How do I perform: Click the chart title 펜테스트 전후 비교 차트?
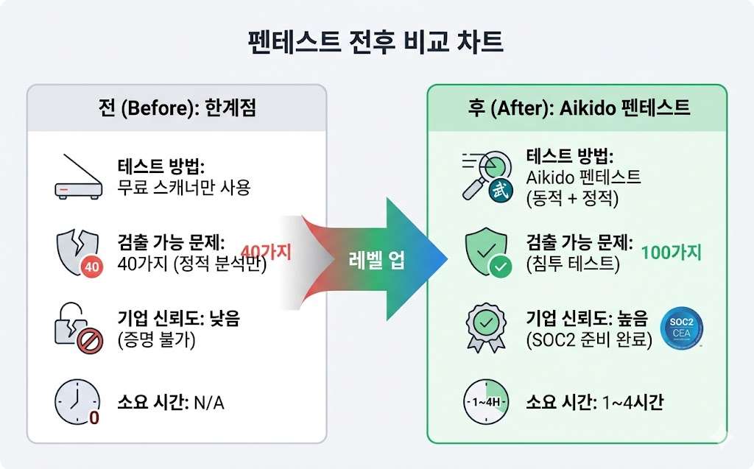click(376, 41)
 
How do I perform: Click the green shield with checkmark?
click(486, 253)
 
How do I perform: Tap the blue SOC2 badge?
click(683, 327)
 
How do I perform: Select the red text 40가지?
click(266, 253)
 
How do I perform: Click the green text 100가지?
click(672, 253)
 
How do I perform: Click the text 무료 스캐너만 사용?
click(184, 188)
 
